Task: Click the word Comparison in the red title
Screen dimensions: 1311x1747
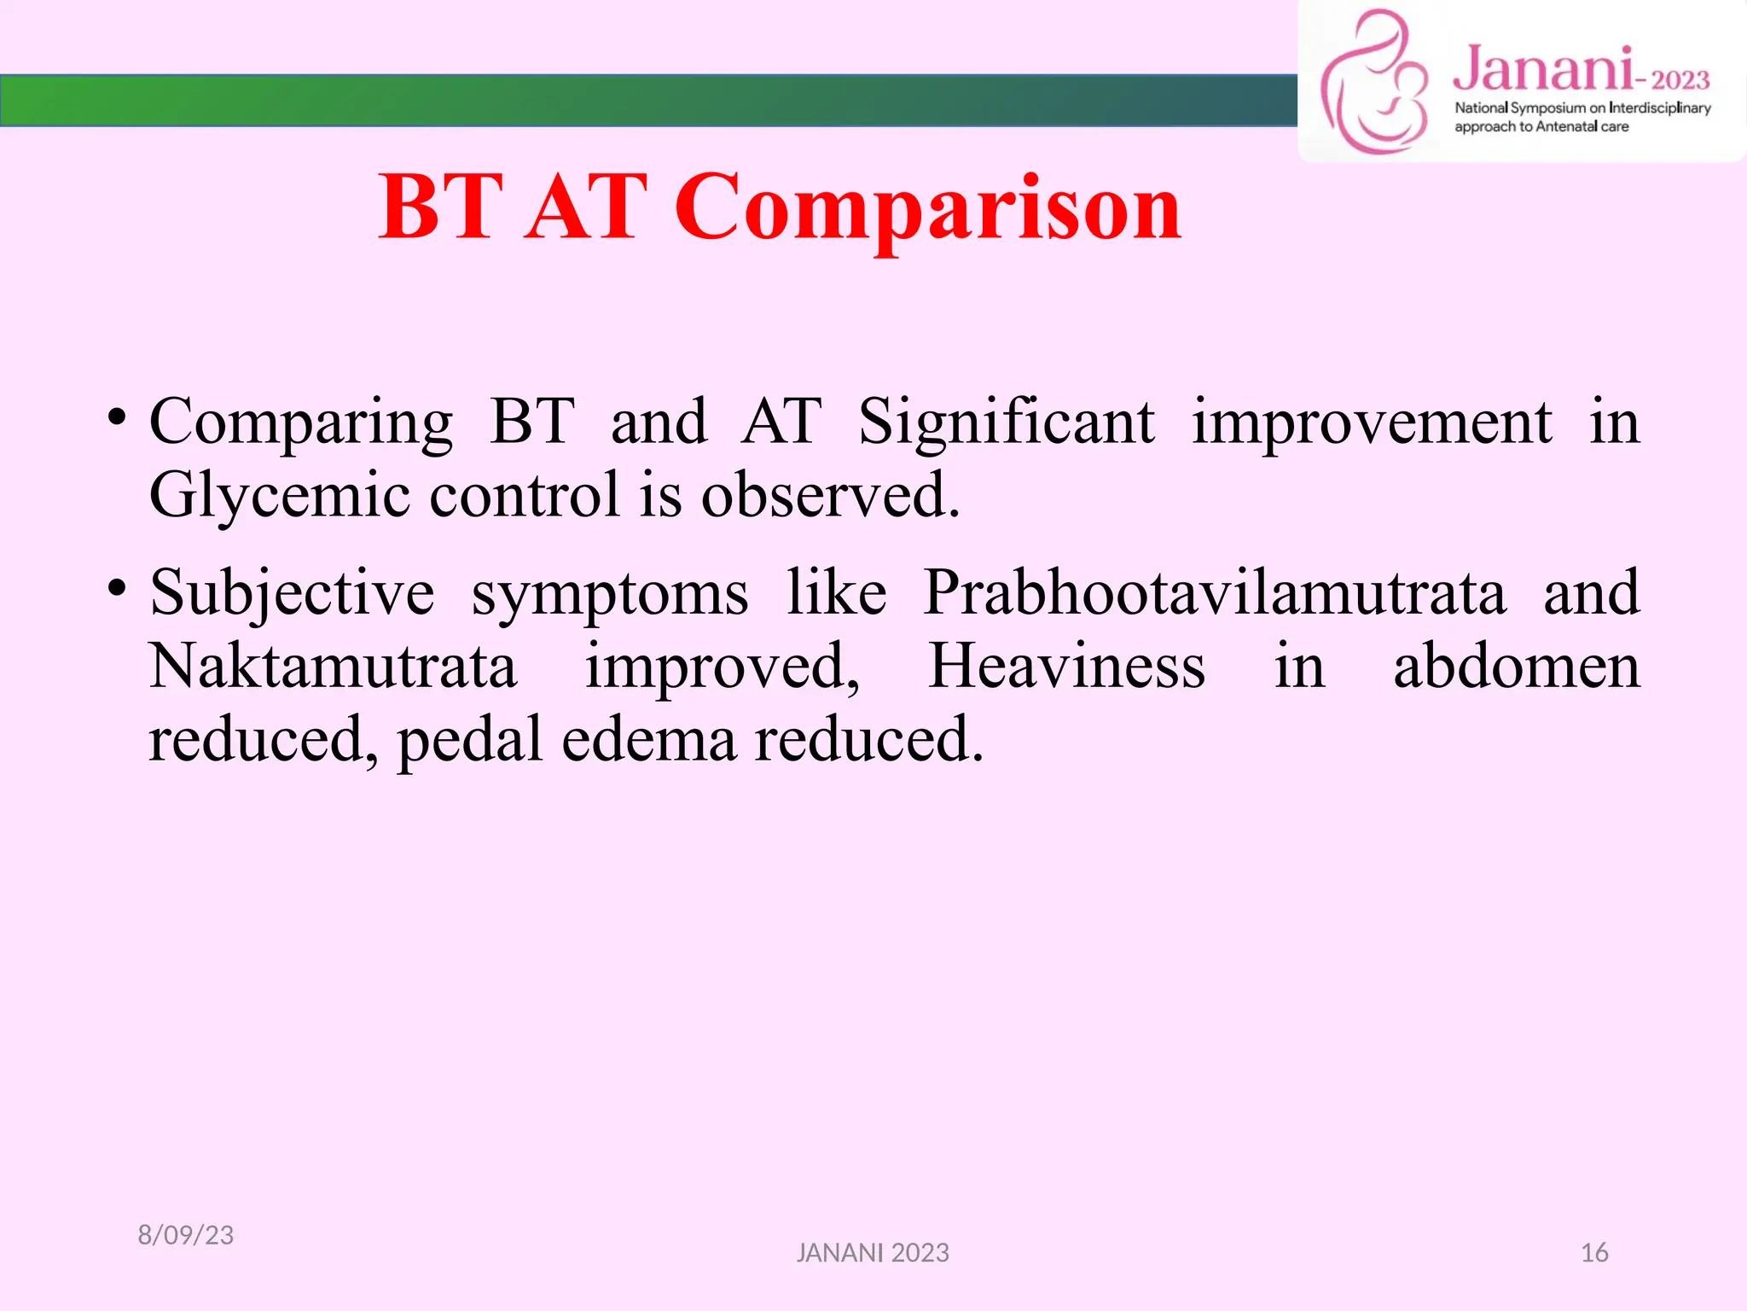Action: click(927, 207)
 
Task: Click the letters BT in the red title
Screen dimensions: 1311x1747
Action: click(441, 207)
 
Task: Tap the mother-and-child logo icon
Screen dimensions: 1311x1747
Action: click(1374, 84)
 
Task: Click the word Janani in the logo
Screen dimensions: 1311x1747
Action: click(1543, 70)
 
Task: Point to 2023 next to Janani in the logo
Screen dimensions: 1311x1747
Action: click(1680, 80)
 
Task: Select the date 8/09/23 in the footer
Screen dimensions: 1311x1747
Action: click(185, 1235)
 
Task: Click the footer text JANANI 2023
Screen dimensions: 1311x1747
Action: click(872, 1253)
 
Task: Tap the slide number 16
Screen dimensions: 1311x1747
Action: click(1593, 1253)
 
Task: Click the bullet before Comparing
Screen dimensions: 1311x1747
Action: click(117, 417)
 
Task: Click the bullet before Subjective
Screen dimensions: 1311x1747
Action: click(117, 588)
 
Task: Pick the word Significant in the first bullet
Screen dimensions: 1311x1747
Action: click(1006, 422)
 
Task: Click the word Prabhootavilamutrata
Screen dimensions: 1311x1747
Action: click(1215, 592)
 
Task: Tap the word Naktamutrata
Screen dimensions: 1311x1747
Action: click(334, 666)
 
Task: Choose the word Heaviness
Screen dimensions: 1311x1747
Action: click(1066, 666)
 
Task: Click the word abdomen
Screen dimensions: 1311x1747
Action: click(1516, 666)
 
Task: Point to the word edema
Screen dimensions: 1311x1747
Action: click(648, 739)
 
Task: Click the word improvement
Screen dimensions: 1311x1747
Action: click(1371, 422)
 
